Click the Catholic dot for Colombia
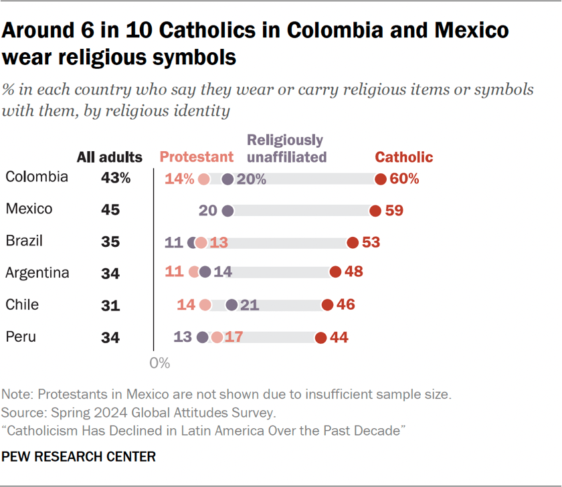click(x=381, y=179)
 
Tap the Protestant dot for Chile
click(x=205, y=305)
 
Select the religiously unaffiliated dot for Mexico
click(x=227, y=211)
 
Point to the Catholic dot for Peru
click(x=321, y=338)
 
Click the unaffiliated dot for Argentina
click(x=205, y=273)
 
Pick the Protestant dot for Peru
click(x=217, y=338)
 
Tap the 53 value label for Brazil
click(x=371, y=242)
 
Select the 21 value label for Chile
click(x=249, y=305)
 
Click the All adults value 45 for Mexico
click(x=110, y=210)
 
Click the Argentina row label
click(x=37, y=273)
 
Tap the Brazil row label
click(x=25, y=241)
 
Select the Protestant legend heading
click(x=196, y=157)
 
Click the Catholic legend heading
click(x=403, y=157)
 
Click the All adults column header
click(x=110, y=157)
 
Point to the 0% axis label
click(x=160, y=363)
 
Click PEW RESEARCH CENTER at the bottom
click(x=79, y=457)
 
